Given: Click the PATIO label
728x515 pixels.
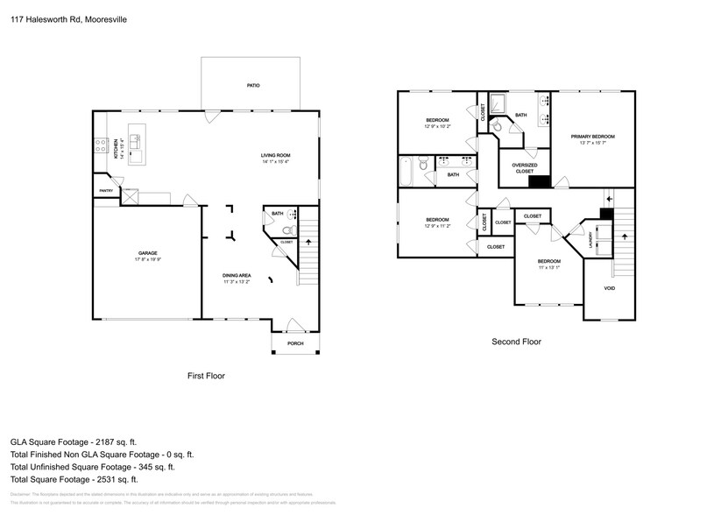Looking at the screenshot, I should tap(252, 85).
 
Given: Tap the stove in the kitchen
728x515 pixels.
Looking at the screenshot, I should tap(102, 145).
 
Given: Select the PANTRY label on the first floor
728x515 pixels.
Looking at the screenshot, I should tap(106, 189).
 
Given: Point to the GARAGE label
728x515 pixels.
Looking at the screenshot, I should tap(146, 252).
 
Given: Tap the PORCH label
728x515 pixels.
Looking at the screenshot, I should tap(294, 343).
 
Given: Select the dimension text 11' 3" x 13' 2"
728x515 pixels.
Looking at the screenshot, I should tap(237, 282).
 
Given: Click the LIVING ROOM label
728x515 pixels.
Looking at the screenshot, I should tap(274, 155).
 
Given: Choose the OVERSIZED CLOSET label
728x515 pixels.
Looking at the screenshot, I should tap(525, 167).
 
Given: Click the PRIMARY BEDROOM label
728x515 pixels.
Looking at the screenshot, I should tap(592, 137).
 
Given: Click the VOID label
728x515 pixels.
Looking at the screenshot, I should tap(610, 288).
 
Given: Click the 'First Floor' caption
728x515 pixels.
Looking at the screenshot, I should tap(206, 376).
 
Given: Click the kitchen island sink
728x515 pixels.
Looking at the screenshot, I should tap(135, 138).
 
